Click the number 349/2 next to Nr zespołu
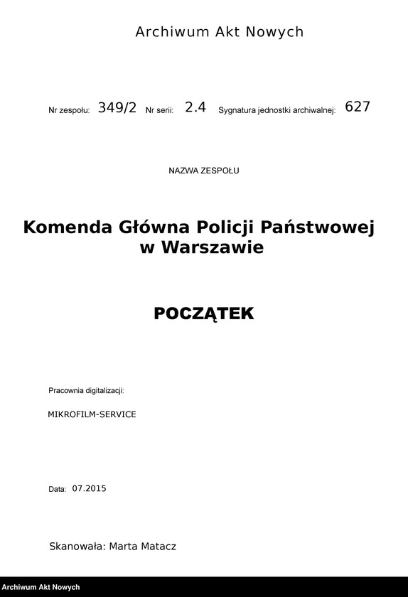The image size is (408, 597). coord(117,108)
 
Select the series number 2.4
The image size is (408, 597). coord(195,108)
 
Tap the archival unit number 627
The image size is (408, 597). coord(358,107)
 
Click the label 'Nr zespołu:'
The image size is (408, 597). coord(69,111)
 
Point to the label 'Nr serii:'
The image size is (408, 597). coord(160,111)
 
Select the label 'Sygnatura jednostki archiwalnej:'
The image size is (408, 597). coord(277,111)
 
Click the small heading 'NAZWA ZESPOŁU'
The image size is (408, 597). coord(204,171)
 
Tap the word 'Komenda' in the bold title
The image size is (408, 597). coord(68,227)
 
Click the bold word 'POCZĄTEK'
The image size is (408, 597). coord(204,313)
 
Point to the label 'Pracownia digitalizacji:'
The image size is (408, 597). coord(86,391)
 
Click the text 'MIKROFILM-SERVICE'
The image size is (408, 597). coord(92,414)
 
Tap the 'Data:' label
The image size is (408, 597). coord(58,489)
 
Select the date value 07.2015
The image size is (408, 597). coord(88,488)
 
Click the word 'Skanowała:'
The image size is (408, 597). coord(77,547)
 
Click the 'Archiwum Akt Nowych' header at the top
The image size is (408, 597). coord(219,32)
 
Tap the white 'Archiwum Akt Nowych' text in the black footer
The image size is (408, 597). coord(41,588)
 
